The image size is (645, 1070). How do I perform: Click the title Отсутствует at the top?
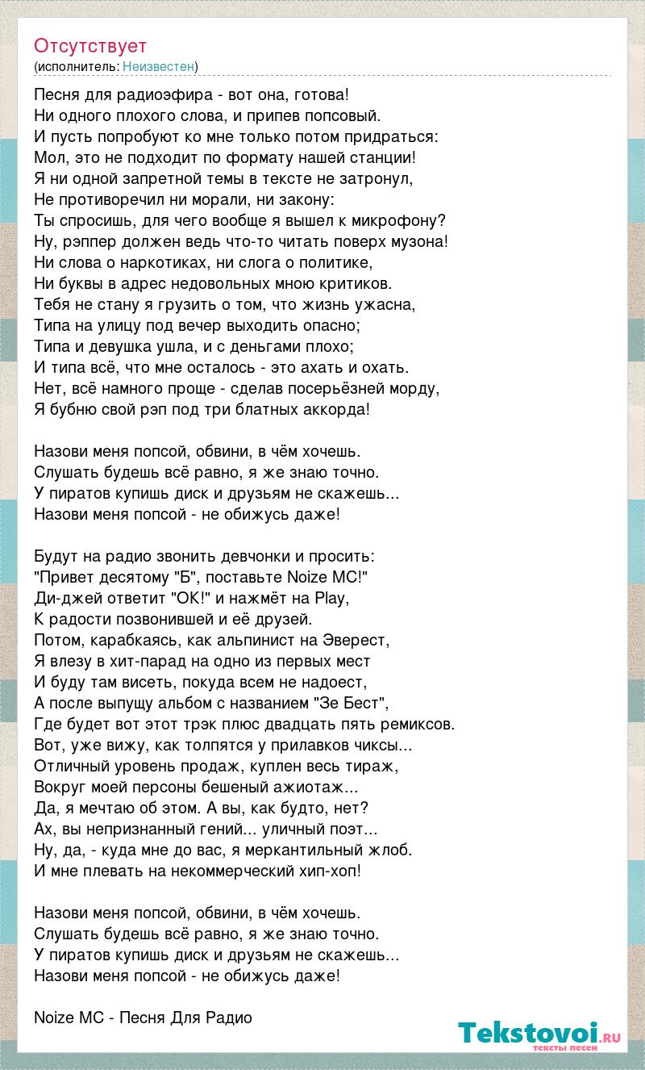click(x=90, y=46)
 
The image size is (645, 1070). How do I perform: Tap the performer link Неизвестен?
click(x=159, y=66)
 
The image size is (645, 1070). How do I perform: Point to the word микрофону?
click(x=407, y=220)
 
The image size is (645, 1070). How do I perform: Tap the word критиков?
click(x=351, y=283)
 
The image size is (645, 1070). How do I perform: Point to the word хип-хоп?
click(x=325, y=871)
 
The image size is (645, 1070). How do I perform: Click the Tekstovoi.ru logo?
click(x=539, y=1034)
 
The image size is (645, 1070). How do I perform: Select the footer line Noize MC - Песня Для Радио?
click(x=144, y=1018)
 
